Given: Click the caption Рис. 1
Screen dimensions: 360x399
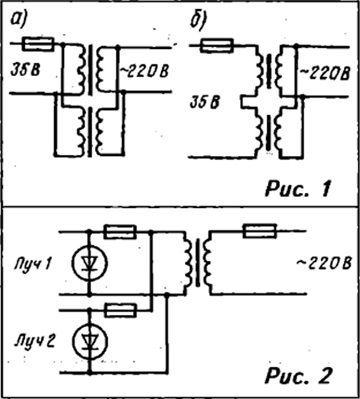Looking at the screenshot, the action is [x=298, y=189].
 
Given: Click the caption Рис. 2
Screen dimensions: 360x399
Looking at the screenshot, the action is [x=298, y=375].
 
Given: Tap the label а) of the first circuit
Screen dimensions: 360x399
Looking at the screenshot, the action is [x=18, y=20].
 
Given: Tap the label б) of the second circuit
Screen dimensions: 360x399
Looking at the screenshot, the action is [x=198, y=21].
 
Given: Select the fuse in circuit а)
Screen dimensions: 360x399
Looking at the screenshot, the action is [x=38, y=44].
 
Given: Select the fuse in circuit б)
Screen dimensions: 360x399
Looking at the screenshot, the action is [x=217, y=45].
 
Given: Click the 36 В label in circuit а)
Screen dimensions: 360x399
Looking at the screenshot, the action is [x=25, y=70].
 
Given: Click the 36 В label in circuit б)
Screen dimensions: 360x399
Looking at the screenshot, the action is [x=204, y=102].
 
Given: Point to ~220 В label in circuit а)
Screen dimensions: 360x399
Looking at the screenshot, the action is [x=144, y=71].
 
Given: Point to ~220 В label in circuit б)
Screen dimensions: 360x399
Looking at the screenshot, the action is [x=325, y=73].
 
